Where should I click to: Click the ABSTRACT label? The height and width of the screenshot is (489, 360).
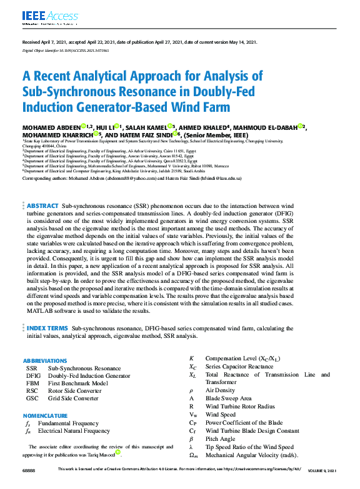(42, 206)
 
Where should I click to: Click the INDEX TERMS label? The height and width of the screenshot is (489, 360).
(47, 328)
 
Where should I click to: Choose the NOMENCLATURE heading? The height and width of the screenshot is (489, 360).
(46, 415)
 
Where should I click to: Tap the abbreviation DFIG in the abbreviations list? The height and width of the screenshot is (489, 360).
(33, 376)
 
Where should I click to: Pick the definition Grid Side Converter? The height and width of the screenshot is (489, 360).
(73, 398)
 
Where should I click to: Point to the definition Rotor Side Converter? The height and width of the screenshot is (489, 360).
(74, 391)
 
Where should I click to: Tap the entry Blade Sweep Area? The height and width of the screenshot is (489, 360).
(228, 398)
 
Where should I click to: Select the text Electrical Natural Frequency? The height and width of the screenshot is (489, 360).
(74, 431)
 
